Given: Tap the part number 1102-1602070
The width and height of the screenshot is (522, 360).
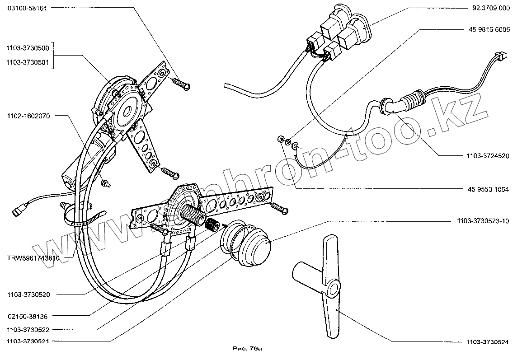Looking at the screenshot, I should pos(28,116).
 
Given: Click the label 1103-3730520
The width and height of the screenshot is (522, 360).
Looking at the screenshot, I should pos(28,294).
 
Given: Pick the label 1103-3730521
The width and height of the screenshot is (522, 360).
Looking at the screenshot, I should pos(28,341).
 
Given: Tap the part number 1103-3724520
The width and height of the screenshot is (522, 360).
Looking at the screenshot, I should pos(487,156).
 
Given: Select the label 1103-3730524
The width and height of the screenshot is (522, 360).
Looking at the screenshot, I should pos(487,342).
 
